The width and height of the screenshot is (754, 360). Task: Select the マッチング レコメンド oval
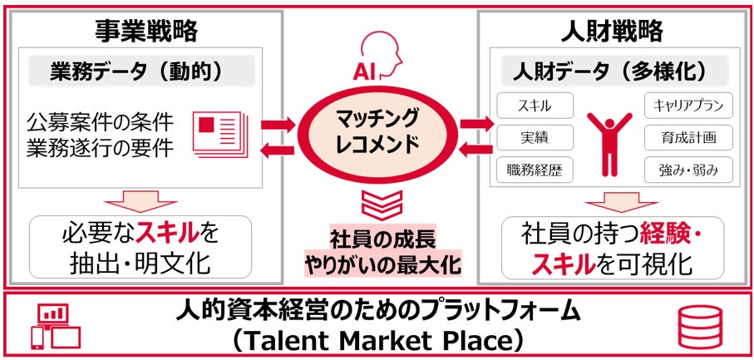[x=376, y=133]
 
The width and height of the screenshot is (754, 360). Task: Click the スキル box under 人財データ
[x=535, y=106]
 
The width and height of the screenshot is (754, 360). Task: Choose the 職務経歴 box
[x=535, y=170]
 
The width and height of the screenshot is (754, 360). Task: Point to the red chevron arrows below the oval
[x=377, y=202]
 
